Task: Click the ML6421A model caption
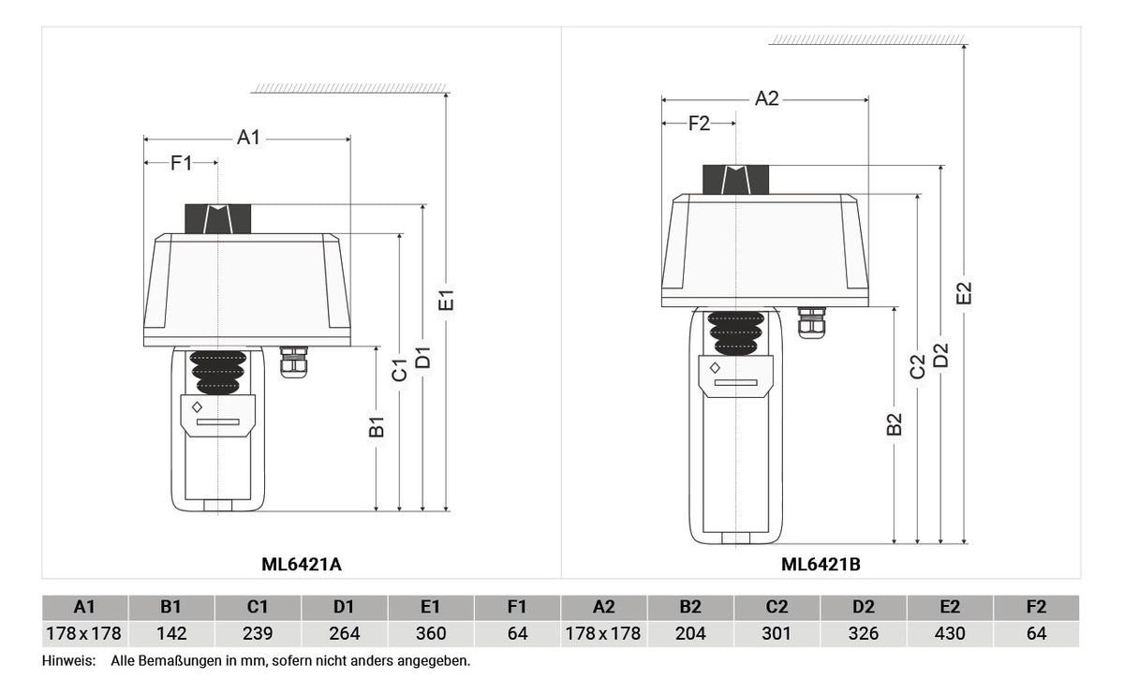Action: click(x=302, y=565)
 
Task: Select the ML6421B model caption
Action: click(x=821, y=565)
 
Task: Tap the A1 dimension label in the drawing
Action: click(x=249, y=137)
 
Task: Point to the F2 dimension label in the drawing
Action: click(x=699, y=124)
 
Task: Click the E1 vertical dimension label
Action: click(x=446, y=300)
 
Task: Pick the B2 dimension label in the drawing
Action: click(x=895, y=424)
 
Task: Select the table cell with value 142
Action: click(x=171, y=633)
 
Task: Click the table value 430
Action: click(x=950, y=633)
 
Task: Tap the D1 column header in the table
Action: click(x=344, y=607)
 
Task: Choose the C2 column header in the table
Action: click(x=776, y=607)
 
